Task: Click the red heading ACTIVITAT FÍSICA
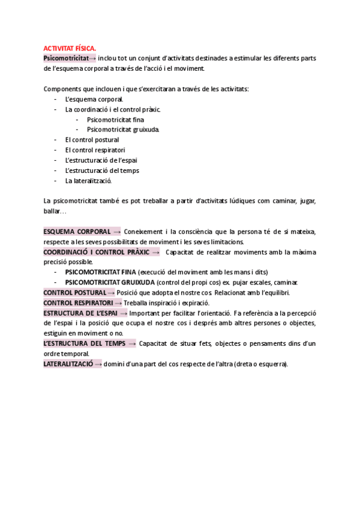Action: coord(69,48)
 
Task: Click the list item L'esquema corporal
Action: coord(94,99)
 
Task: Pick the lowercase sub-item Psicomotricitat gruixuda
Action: coord(123,130)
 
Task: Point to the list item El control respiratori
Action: coord(95,150)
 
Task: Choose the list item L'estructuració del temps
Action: coord(102,170)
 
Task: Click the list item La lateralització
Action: coord(89,181)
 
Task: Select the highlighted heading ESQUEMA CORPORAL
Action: coord(77,232)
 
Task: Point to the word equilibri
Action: coord(275,293)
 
